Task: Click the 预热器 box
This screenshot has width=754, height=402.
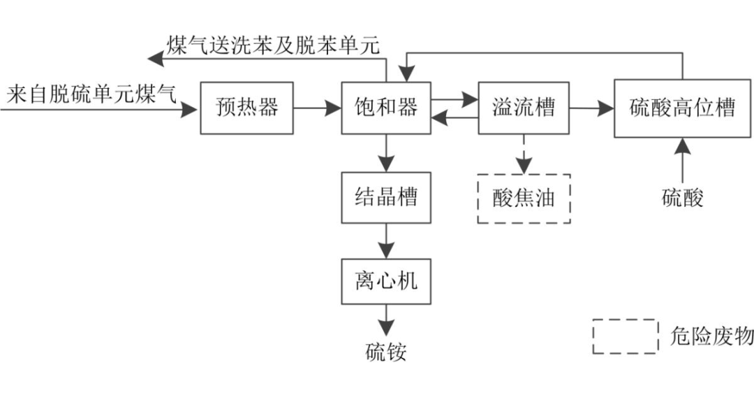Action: pyautogui.click(x=247, y=108)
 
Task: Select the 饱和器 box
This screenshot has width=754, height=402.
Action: pyautogui.click(x=386, y=108)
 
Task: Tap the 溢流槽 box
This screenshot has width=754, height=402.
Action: pyautogui.click(x=524, y=108)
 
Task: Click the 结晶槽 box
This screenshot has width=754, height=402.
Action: pyautogui.click(x=386, y=197)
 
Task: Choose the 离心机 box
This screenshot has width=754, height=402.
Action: pyautogui.click(x=386, y=281)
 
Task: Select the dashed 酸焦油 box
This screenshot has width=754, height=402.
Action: pyautogui.click(x=524, y=199)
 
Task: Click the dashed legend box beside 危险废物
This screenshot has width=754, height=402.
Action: pyautogui.click(x=626, y=337)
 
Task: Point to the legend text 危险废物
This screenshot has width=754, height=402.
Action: pyautogui.click(x=711, y=337)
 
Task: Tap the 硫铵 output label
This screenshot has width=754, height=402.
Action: pyautogui.click(x=386, y=352)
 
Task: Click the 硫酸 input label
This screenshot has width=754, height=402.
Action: pyautogui.click(x=682, y=198)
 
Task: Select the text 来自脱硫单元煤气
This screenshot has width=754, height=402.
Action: pyautogui.click(x=91, y=93)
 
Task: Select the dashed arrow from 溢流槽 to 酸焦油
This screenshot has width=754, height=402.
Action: pyautogui.click(x=524, y=153)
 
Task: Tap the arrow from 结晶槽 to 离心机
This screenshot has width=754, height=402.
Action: pyautogui.click(x=386, y=241)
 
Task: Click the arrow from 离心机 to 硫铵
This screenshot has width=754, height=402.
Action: pyautogui.click(x=386, y=321)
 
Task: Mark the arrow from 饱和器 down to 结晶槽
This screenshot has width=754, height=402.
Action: pyautogui.click(x=386, y=152)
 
